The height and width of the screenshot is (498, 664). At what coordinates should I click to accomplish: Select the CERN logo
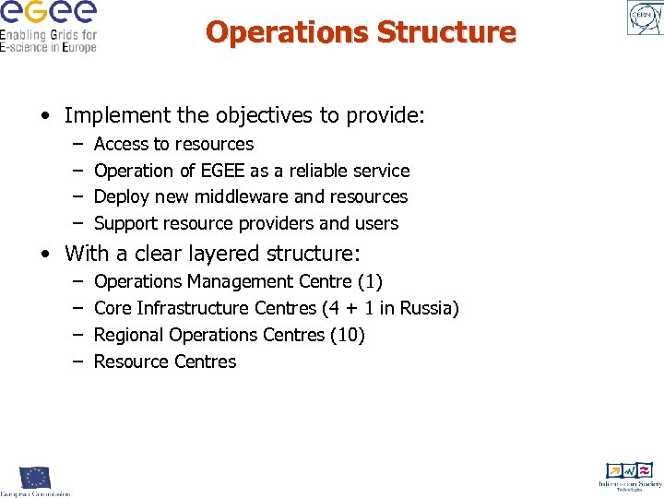point(644,18)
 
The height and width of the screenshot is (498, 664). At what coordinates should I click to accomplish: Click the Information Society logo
point(630,476)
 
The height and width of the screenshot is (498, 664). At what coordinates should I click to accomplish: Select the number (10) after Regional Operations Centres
point(348,335)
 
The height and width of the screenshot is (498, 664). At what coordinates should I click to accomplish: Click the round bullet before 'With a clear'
point(45,253)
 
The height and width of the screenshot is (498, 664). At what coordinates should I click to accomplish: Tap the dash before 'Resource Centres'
point(77,362)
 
